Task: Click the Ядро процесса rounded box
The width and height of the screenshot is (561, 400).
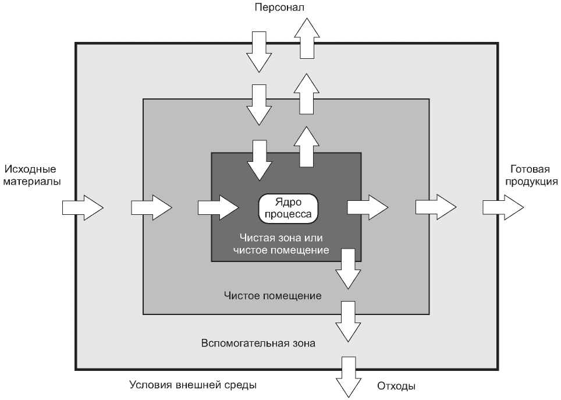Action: tap(288, 208)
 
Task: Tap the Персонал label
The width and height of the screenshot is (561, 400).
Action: tap(279, 7)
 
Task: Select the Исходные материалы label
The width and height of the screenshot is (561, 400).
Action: tap(32, 175)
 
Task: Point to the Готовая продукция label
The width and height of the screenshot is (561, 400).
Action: tap(531, 175)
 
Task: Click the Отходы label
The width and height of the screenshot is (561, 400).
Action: tap(396, 387)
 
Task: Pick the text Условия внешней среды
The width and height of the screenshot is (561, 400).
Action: tap(193, 385)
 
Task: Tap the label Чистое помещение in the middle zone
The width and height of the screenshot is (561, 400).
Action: tap(272, 296)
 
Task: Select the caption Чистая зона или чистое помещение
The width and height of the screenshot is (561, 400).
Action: tap(281, 244)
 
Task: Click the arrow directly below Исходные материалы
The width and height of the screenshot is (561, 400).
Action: tap(83, 207)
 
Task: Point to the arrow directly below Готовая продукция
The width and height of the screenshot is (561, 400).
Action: tap(503, 207)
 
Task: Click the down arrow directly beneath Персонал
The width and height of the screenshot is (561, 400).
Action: tap(259, 52)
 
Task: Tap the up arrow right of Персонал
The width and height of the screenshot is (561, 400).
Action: tap(307, 38)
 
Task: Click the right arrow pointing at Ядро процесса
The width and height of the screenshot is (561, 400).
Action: tap(218, 207)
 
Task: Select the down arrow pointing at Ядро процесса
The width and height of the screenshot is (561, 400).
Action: tap(259, 161)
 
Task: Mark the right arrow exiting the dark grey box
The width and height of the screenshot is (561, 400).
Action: tap(368, 207)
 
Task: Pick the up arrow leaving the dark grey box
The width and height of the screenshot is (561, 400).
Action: tap(307, 147)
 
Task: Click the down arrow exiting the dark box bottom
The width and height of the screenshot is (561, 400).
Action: tap(348, 269)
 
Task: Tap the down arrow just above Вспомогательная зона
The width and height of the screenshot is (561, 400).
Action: tap(348, 321)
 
